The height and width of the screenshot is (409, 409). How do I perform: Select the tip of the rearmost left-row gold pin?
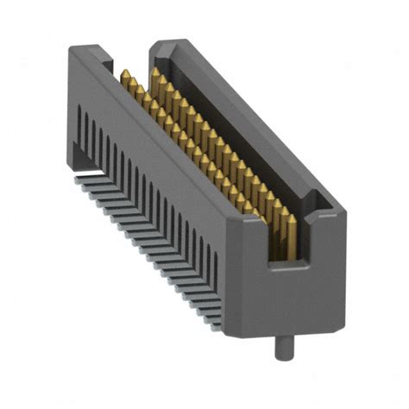pos(124,72)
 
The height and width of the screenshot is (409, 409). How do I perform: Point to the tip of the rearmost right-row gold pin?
pos(155,71)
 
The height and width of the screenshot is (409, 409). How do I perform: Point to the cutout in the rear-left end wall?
pos(105,63)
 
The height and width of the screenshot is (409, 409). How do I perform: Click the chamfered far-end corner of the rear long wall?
pos(160,45)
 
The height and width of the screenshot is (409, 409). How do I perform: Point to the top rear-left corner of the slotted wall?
pos(72,52)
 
